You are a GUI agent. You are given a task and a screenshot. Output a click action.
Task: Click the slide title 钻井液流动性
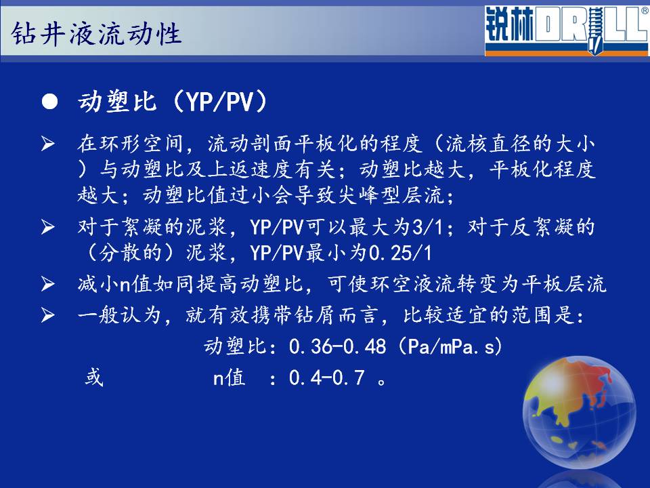96,33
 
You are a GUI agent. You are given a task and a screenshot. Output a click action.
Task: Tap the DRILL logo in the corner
566,31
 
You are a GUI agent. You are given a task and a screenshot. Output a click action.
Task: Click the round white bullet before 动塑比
49,102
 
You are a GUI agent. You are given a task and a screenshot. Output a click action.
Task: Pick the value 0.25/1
400,253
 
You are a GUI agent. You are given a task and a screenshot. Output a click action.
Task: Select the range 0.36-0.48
337,346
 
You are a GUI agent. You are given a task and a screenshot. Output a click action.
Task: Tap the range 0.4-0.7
326,378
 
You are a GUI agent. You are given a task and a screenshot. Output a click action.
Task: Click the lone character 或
94,378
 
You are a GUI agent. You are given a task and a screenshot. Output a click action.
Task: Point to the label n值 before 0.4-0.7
229,378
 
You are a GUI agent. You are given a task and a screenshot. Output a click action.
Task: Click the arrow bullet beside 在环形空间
48,144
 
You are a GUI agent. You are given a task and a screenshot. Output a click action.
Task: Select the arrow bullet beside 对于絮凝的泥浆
48,227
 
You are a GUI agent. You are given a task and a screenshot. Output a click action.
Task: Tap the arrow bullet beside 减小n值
48,284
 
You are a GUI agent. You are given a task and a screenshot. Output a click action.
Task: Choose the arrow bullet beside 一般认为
48,315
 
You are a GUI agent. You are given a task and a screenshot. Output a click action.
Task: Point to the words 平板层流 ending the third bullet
564,284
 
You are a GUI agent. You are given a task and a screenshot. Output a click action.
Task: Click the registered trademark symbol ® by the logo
645,11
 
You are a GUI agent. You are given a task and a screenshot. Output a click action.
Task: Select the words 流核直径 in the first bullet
488,144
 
